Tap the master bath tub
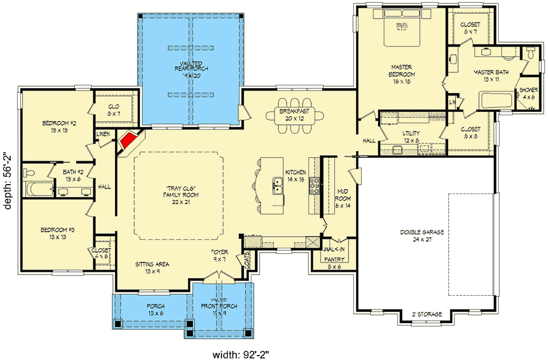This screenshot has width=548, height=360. [x=495, y=102]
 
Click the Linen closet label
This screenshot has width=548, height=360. [x=104, y=134]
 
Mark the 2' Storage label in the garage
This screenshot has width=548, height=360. [x=426, y=314]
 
